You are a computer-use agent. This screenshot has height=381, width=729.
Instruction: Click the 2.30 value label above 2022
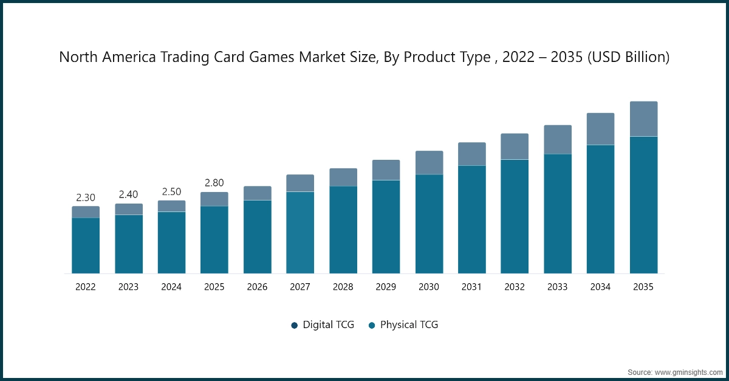86,197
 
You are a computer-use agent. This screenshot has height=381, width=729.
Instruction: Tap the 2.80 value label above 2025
214,183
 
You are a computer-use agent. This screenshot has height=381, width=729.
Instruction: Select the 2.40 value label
129,194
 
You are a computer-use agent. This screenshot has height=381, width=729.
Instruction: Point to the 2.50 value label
171,191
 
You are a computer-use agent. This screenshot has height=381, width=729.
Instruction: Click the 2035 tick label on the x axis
643,287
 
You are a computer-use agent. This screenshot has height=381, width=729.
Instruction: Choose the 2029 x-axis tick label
386,287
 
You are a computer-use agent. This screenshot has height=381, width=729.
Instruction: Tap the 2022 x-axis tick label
86,287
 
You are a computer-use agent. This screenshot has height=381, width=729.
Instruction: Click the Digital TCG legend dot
295,325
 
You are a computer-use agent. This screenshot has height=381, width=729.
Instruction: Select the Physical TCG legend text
409,324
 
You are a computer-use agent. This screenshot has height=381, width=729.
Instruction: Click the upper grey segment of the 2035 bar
643,118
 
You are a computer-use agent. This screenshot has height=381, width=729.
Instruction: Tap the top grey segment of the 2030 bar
429,162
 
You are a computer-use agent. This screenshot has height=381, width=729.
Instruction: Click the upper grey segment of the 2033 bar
558,139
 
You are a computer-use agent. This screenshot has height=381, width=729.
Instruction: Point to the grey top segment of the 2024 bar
171,206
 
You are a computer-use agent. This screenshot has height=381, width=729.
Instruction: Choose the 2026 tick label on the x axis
257,287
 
